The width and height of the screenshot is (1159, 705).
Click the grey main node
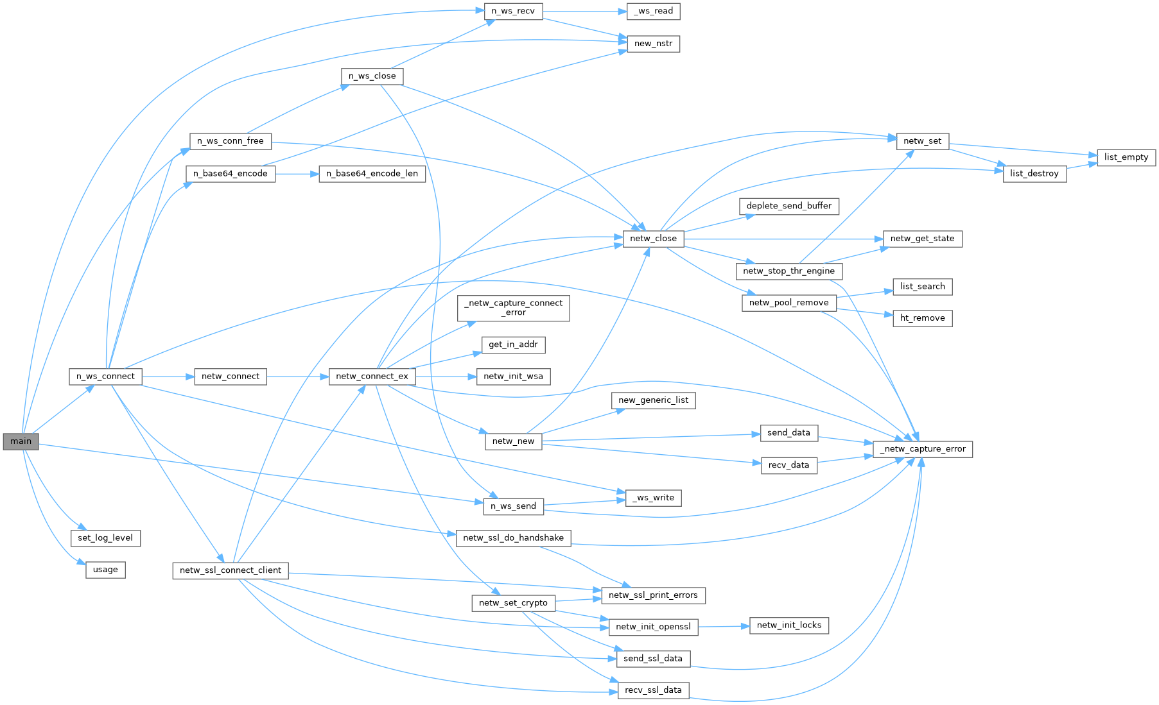click(x=21, y=441)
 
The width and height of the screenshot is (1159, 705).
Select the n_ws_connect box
click(x=105, y=377)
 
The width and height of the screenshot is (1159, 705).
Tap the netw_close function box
click(x=653, y=239)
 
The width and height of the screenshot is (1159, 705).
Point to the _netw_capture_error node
click(x=923, y=449)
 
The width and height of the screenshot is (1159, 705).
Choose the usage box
click(x=105, y=570)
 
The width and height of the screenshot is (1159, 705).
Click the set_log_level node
click(x=105, y=538)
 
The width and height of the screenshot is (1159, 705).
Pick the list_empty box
click(x=1126, y=157)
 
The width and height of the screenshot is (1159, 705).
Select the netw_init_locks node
click(x=789, y=625)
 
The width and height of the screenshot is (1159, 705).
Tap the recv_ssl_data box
click(x=653, y=690)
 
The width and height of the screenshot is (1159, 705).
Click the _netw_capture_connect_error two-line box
click(x=513, y=308)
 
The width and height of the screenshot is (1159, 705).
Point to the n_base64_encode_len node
click(x=372, y=174)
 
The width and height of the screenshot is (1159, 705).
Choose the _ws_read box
click(x=654, y=12)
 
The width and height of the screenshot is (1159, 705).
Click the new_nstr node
click(x=653, y=44)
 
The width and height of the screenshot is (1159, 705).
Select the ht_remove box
click(x=922, y=318)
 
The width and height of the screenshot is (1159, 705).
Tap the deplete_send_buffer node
click(x=789, y=206)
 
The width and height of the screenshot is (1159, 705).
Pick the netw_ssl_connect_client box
click(x=231, y=570)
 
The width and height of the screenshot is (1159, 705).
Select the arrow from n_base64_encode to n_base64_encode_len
click(x=297, y=174)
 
